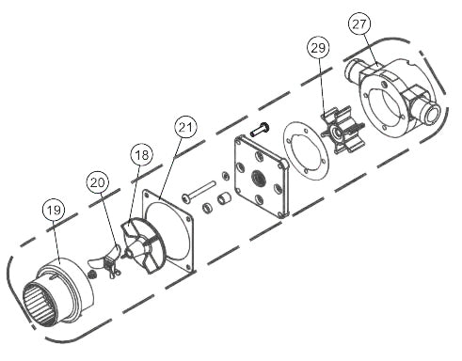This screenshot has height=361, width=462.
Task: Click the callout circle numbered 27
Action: [x=359, y=24]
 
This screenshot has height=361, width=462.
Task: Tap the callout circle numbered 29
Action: [x=318, y=48]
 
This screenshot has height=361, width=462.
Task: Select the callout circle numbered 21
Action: [x=185, y=127]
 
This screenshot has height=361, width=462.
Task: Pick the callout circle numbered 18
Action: [x=142, y=155]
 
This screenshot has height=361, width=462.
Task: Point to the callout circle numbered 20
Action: [x=98, y=182]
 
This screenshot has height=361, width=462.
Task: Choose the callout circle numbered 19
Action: [x=54, y=210]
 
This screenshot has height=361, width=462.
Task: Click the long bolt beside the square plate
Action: [x=199, y=191]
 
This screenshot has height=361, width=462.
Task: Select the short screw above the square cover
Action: [x=261, y=129]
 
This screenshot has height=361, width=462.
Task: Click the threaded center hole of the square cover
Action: [x=258, y=179]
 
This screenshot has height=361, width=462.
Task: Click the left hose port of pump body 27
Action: [x=353, y=70]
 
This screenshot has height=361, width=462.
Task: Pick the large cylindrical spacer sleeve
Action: [x=224, y=198]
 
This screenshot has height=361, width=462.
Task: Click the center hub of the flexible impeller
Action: [x=338, y=133]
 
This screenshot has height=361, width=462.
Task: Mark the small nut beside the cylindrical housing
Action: [x=91, y=275]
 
